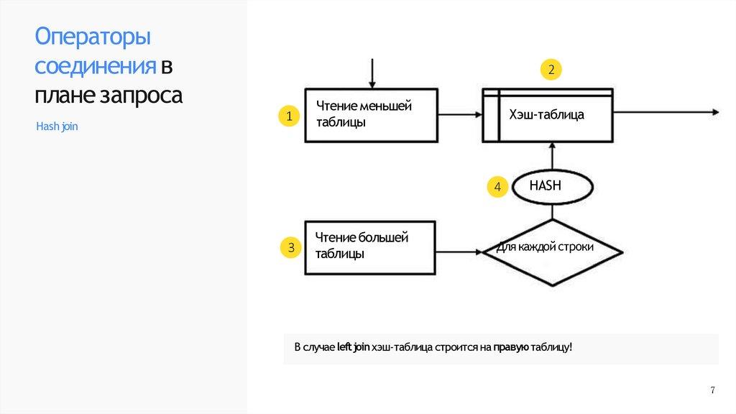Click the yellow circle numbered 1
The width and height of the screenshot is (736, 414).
coord(288,116)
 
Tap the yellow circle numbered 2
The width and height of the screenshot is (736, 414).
coord(551,70)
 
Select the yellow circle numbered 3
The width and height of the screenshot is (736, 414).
coord(291,249)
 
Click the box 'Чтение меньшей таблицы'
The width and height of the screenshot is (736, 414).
coord(371,115)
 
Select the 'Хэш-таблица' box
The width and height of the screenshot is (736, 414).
coord(548,115)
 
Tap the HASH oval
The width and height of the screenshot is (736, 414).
coord(551,186)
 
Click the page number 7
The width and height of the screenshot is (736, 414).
coord(712,390)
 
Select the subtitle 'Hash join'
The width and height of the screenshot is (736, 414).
coord(57,126)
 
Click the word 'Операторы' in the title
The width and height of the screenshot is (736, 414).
coord(93,38)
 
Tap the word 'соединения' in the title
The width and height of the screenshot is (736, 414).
coord(96,67)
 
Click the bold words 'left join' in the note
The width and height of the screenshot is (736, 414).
coord(354,348)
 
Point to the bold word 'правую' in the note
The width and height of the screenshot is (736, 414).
coord(511,348)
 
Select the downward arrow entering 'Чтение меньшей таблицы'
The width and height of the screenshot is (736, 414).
coord(372,73)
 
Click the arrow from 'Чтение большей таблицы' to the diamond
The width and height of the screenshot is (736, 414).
coord(460,252)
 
